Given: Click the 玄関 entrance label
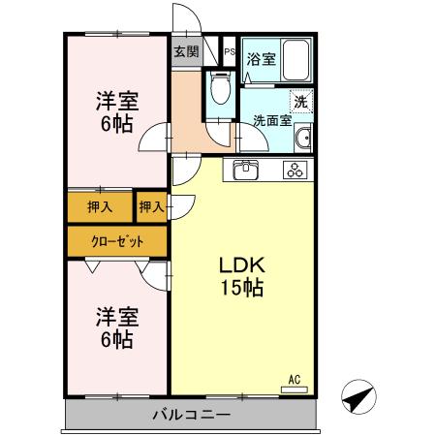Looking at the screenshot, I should pos(187,51).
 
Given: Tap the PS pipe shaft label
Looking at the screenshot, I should pos(229,52).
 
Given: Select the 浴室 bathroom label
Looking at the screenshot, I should pos(261,58).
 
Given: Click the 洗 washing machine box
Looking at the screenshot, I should pos(300,101).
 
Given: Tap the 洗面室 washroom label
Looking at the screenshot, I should pos(272,121).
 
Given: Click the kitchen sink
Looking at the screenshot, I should pos(243,171).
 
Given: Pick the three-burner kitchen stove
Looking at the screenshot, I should pos(294,171).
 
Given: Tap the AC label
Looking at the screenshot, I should pos(294,378).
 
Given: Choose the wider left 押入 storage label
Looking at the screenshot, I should pos(101,206).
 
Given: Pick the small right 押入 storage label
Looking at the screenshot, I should pos(150,206).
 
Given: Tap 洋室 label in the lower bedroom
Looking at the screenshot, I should pos(116,317).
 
